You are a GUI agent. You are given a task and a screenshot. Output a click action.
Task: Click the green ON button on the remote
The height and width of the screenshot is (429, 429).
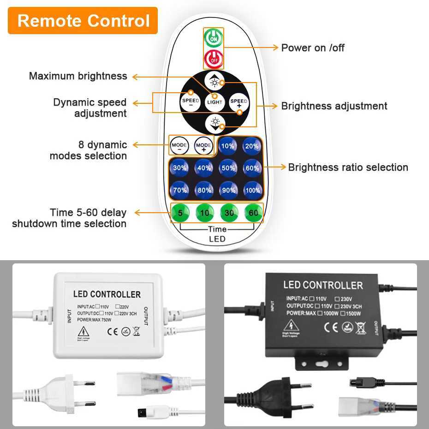click(214, 38)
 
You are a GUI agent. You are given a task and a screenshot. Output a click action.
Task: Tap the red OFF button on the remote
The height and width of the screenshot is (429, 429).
click(214, 59)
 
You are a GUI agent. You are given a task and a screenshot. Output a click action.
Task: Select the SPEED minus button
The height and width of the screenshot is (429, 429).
click(190, 101)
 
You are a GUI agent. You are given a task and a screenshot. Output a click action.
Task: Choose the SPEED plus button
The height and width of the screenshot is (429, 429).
click(239, 101)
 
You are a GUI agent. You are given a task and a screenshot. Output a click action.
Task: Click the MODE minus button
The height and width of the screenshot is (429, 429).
click(179, 146)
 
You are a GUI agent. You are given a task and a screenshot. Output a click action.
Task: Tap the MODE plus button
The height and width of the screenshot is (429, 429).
click(203, 146)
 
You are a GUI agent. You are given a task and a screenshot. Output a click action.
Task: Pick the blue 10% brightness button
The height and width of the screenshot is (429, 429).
click(228, 146)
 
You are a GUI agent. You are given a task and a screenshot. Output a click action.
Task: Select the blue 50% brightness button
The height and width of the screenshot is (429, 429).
click(228, 168)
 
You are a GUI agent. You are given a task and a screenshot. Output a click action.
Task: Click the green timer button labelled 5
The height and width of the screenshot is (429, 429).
click(179, 213)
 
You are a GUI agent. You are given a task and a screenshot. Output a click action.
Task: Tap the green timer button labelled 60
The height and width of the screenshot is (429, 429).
click(253, 213)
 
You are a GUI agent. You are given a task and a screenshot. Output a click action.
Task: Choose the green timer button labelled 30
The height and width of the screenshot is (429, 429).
click(228, 213)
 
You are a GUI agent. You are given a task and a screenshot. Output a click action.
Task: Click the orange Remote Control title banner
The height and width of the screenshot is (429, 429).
click(83, 21)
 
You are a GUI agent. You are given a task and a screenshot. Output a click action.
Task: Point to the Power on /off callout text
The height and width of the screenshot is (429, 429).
click(313, 48)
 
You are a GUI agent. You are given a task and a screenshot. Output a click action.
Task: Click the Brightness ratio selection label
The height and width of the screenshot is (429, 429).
click(348, 167)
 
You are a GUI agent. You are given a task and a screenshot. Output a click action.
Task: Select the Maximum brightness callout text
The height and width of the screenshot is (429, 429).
click(78, 76)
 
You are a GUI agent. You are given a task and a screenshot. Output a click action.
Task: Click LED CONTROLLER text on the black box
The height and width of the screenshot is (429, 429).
click(323, 285)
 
